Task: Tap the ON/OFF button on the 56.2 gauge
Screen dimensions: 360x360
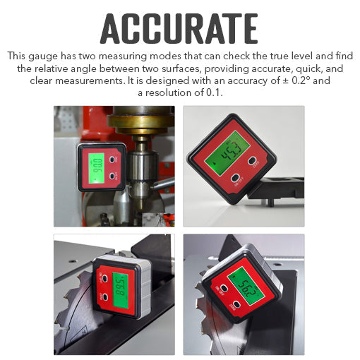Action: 221,289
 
